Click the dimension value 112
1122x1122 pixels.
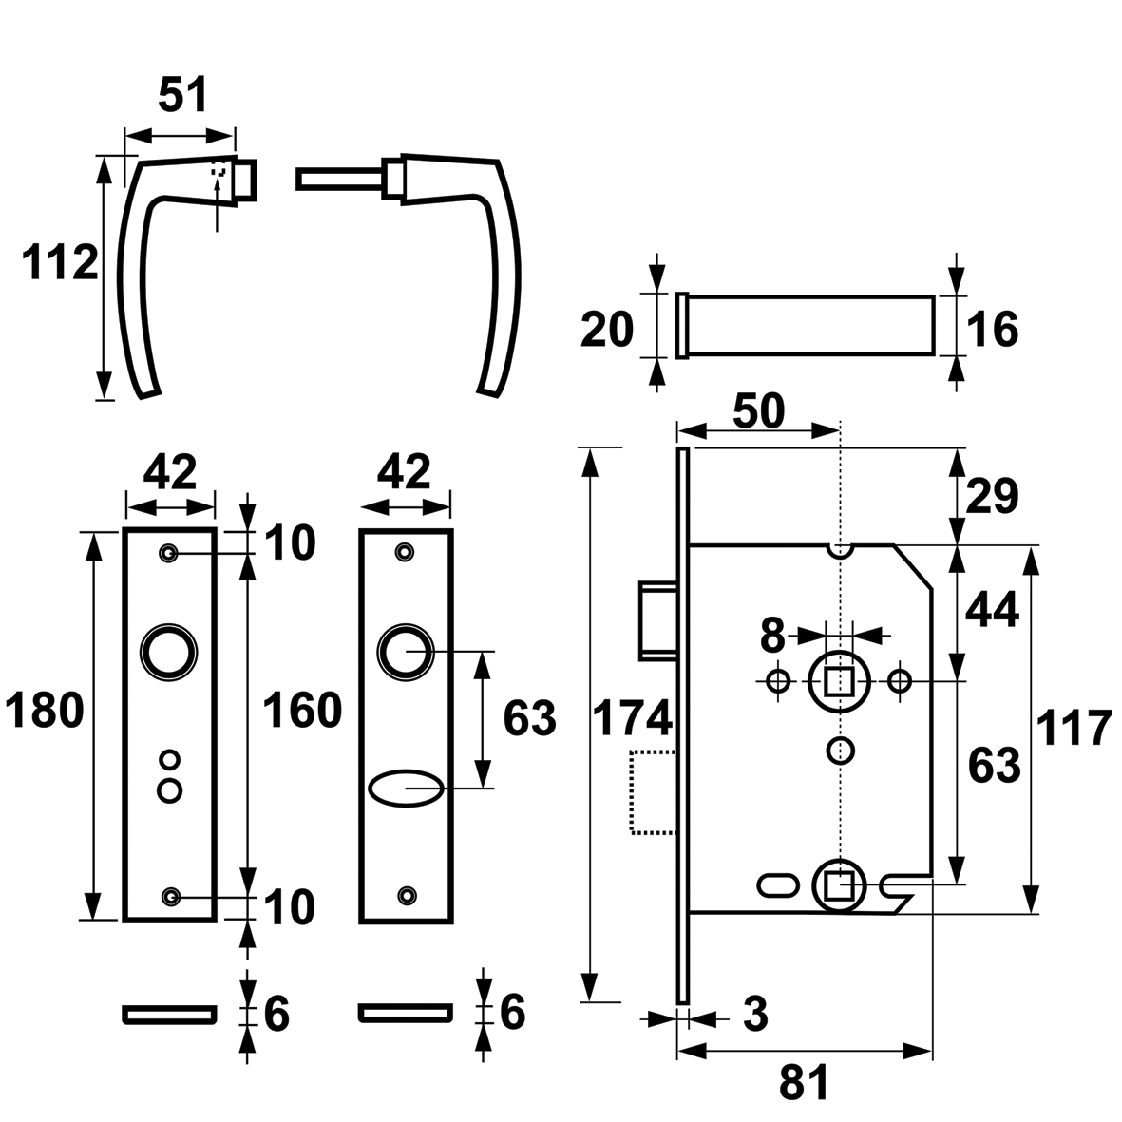[60, 262]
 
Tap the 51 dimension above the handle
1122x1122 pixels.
[183, 95]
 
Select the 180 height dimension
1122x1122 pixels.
[45, 712]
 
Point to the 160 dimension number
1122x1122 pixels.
[302, 712]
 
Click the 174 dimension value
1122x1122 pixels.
[634, 718]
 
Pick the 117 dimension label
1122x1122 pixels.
[1074, 729]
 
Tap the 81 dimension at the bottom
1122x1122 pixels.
[804, 1083]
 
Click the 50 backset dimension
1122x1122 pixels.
[759, 412]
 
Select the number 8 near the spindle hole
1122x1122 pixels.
[772, 636]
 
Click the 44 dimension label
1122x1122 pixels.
[992, 611]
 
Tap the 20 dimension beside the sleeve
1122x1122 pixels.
[607, 330]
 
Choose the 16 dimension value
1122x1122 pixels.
[992, 330]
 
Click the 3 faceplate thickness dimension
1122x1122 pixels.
[755, 1014]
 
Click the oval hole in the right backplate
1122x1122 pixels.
[406, 789]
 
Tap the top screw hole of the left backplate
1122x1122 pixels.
[170, 553]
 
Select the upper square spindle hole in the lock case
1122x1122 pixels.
[839, 681]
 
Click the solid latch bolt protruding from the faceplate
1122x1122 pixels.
[658, 620]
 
